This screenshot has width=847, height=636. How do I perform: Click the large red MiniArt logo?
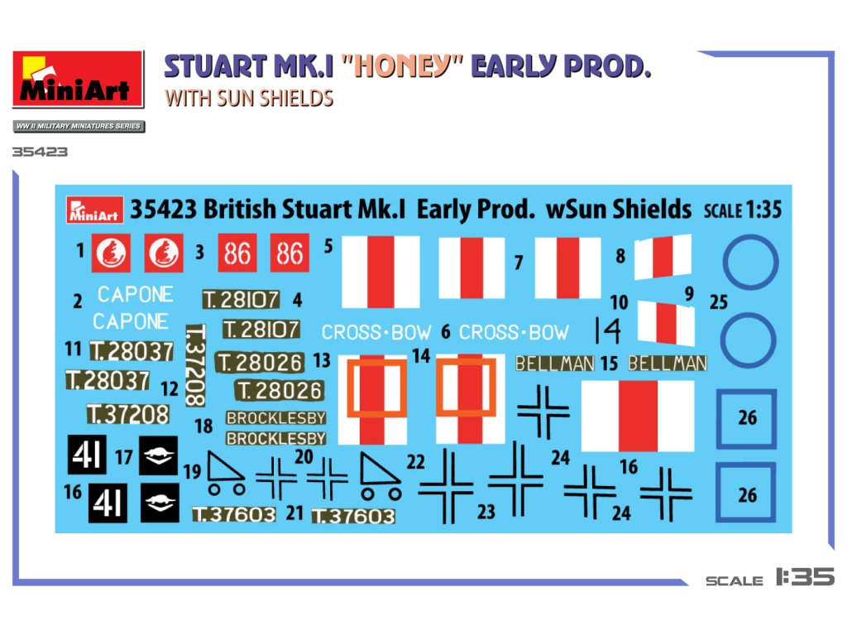point(78,79)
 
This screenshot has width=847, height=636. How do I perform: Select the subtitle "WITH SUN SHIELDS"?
point(249,98)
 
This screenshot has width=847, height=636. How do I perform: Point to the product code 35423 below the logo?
point(40,152)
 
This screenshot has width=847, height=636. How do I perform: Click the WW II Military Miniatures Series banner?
point(78,127)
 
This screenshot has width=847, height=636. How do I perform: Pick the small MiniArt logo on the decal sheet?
point(94,210)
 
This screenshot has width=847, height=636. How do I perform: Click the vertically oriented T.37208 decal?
point(196,365)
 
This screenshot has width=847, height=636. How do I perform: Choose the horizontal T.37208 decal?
point(127,413)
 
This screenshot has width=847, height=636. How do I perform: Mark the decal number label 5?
point(328,246)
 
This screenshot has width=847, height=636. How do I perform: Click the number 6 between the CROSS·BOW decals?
point(446,333)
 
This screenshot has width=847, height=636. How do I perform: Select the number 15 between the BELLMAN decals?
point(610,363)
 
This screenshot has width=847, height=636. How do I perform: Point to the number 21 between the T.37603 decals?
point(294,513)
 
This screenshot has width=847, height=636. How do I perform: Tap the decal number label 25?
point(719,302)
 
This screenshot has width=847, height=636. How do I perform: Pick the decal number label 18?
point(203,426)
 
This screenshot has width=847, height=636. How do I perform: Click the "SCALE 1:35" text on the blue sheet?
point(742,210)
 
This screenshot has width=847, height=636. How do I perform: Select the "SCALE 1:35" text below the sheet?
point(770,577)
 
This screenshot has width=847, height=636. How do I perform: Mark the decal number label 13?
point(322,360)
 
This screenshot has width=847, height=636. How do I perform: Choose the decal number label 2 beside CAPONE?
point(78,302)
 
